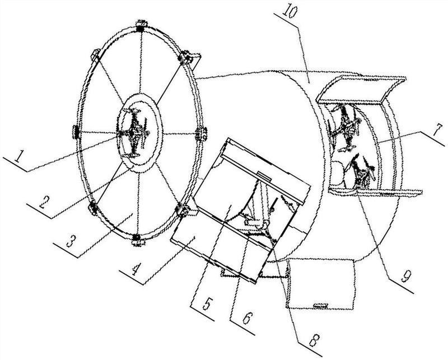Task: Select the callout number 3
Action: pyautogui.click(x=71, y=241)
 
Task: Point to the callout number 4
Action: pyautogui.click(x=136, y=269)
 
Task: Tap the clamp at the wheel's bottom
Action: pyautogui.click(x=137, y=240)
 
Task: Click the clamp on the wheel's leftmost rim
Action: pyautogui.click(x=76, y=132)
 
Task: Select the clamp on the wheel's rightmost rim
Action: pyautogui.click(x=202, y=134)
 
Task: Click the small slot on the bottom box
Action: pyautogui.click(x=320, y=306)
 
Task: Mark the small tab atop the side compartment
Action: pyautogui.click(x=264, y=176)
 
